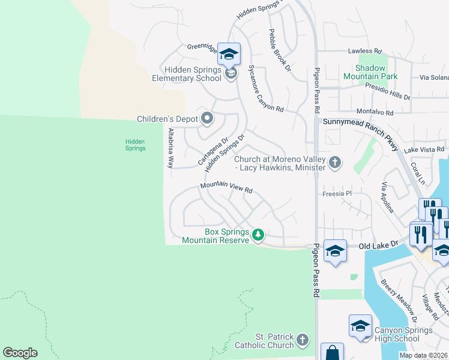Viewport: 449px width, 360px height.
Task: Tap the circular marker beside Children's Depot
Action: click(x=207, y=118)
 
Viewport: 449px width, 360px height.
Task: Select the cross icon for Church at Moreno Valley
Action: click(x=335, y=162)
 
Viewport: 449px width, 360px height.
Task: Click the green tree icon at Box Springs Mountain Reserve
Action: click(x=258, y=234)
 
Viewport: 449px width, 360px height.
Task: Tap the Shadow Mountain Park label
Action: click(x=370, y=72)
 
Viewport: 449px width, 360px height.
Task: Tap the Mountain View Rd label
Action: click(x=226, y=188)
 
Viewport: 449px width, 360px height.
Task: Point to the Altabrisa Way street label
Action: click(x=171, y=147)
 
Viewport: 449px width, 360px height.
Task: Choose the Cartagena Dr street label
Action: click(x=213, y=152)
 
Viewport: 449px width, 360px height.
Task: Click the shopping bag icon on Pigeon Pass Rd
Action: click(x=332, y=352)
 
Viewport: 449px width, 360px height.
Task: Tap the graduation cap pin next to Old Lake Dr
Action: click(x=335, y=250)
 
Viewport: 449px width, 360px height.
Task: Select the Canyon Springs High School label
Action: click(x=404, y=334)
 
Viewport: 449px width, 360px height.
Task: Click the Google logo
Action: click(x=20, y=352)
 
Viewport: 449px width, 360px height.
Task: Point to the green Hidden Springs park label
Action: click(x=135, y=145)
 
